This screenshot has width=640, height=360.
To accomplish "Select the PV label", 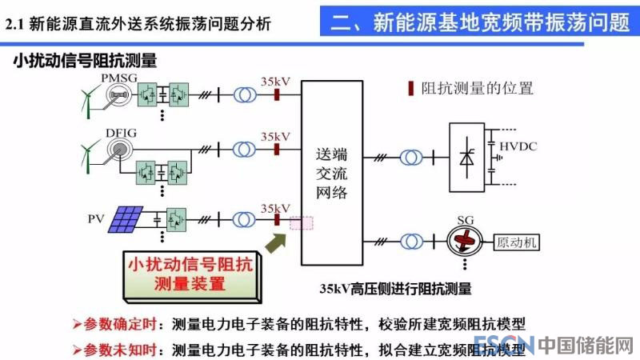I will (x=97, y=218).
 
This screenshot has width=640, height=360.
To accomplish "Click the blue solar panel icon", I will (x=126, y=218).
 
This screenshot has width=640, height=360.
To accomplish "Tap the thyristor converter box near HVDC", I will (x=466, y=157).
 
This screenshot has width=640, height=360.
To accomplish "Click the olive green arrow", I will (x=275, y=240).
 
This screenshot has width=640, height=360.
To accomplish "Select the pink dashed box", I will (x=302, y=225).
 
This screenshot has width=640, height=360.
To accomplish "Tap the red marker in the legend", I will (x=411, y=88).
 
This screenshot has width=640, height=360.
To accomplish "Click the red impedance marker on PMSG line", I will (x=275, y=95).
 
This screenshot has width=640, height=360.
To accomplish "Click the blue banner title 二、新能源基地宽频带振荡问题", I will (x=480, y=22).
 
